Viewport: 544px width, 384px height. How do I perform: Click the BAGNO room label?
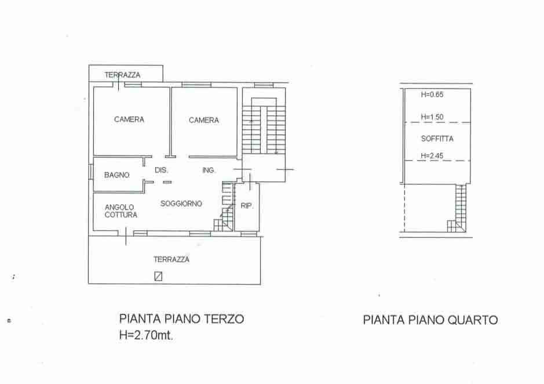[x=116, y=175]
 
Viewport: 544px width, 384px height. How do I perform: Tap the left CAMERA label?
[x=129, y=119]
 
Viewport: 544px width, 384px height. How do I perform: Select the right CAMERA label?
[x=204, y=120]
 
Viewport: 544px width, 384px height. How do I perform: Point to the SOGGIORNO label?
[x=181, y=203]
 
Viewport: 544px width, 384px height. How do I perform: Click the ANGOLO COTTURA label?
[x=121, y=211]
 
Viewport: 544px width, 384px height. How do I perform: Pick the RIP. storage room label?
[x=247, y=206]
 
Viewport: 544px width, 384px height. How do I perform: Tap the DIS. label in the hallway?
[x=161, y=170]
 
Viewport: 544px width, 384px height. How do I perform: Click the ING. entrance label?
[x=209, y=170]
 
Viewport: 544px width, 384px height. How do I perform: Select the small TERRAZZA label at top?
[x=122, y=75]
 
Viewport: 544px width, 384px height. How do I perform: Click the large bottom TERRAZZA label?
[x=171, y=259]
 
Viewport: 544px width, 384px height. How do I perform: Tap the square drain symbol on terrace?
[x=158, y=276]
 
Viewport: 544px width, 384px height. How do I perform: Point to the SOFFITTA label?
[x=437, y=139]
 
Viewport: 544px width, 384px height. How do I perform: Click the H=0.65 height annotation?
[x=432, y=95]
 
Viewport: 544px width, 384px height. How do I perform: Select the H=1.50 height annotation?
[x=432, y=117]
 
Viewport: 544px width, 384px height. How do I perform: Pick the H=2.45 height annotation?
[x=432, y=155]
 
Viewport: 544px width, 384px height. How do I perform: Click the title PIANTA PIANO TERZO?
[x=181, y=318]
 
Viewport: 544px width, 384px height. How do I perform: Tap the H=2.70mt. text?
[x=146, y=335]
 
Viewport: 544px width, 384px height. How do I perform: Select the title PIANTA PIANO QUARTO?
[x=430, y=320]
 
